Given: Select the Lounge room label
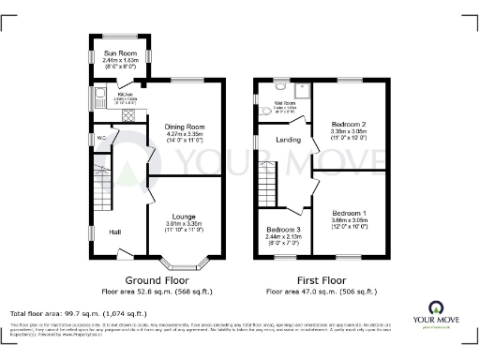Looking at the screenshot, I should tap(184, 217).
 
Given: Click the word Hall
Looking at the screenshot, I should tap(115, 232).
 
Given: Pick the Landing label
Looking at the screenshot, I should tap(287, 142).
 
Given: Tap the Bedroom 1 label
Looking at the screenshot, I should tap(351, 212).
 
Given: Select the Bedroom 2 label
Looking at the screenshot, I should tap(351, 124).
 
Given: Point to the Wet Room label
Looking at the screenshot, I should tap(286, 106).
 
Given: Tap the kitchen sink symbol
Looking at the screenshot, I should tap(99, 96).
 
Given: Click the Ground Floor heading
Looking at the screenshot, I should tap(156, 280).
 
